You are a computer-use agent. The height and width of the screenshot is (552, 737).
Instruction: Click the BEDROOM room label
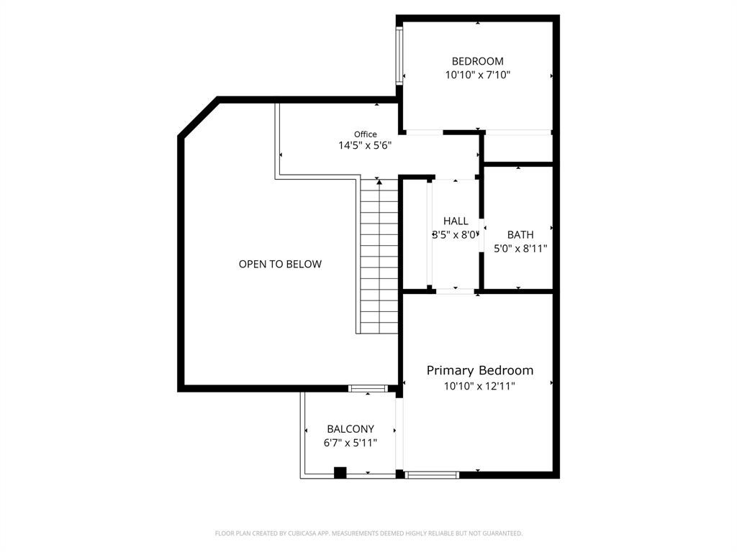pyautogui.click(x=477, y=61)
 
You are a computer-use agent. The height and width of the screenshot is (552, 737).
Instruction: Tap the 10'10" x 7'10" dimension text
pyautogui.click(x=477, y=75)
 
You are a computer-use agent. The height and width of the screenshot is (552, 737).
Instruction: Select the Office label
pyautogui.click(x=365, y=134)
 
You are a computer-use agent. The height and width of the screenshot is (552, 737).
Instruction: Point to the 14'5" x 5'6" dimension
pyautogui.click(x=365, y=145)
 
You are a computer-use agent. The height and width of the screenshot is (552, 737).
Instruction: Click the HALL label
pyautogui.click(x=455, y=221)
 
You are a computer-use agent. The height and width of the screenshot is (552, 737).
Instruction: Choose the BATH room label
pyautogui.click(x=520, y=234)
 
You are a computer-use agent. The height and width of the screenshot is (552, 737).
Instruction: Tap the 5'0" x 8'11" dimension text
pyautogui.click(x=520, y=249)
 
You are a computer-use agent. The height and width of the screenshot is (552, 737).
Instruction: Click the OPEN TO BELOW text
pyautogui.click(x=280, y=264)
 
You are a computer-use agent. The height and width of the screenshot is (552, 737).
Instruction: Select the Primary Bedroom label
pyautogui.click(x=480, y=370)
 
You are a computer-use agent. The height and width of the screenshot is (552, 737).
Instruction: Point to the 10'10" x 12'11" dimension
pyautogui.click(x=480, y=386)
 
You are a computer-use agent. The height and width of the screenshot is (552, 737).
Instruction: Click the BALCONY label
pyautogui.click(x=351, y=429)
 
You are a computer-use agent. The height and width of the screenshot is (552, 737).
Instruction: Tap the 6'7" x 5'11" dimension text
pyautogui.click(x=351, y=443)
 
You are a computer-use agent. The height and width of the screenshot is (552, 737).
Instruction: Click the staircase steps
pyautogui.click(x=379, y=259)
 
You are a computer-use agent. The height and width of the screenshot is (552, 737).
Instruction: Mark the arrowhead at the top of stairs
pyautogui.click(x=379, y=183)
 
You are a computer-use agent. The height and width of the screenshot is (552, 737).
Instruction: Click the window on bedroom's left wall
pyautogui.click(x=399, y=56)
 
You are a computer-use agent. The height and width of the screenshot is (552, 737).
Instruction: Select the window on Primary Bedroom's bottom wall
pyautogui.click(x=432, y=474)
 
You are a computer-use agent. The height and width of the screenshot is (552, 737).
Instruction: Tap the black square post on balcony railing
pyautogui.click(x=340, y=472)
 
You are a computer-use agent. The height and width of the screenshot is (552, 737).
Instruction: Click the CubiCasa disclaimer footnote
pyautogui.click(x=368, y=533)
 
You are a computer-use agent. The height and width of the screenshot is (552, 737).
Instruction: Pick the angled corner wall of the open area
pyautogui.click(x=199, y=116)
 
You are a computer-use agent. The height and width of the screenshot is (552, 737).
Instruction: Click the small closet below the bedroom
pyautogui.click(x=517, y=148)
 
